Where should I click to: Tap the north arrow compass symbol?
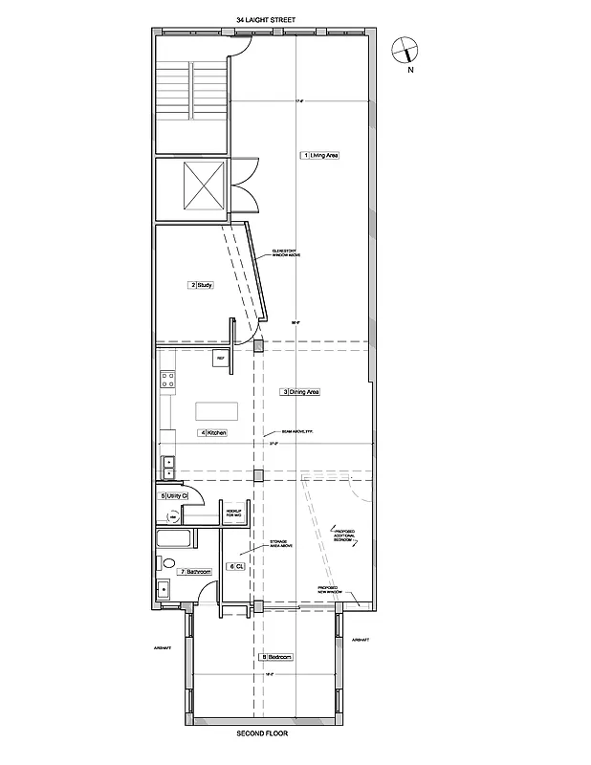pos(405,53)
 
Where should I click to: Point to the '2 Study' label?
pos(201,285)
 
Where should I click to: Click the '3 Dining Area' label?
pos(299,392)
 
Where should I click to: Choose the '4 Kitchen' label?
pos(212,433)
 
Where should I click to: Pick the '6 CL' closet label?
pos(234,566)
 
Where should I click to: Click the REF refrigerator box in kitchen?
pos(220,359)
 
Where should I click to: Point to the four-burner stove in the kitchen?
pos(168,382)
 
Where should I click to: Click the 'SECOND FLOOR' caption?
pos(262,734)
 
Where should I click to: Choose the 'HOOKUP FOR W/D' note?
pos(232,514)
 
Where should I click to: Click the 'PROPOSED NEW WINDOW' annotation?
pos(328,589)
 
